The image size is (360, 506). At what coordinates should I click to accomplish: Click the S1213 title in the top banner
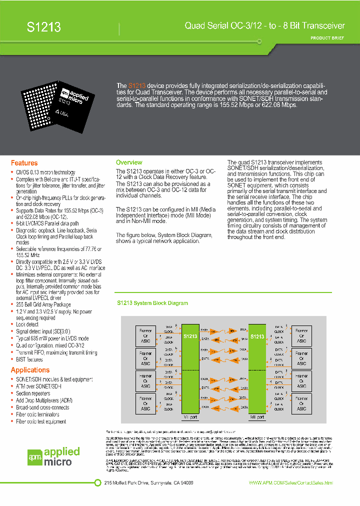point(44,27)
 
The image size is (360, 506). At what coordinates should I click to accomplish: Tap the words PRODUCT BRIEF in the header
point(327,38)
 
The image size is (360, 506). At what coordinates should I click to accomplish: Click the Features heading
point(24,163)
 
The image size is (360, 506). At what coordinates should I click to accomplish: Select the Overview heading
point(129,162)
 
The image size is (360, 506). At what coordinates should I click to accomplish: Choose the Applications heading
point(30,370)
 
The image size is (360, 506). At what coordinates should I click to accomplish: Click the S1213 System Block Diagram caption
point(152,303)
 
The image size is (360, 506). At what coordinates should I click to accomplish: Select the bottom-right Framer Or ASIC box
point(301,403)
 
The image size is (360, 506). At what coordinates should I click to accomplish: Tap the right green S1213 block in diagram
point(257,370)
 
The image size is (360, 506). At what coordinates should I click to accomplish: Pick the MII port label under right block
point(257,416)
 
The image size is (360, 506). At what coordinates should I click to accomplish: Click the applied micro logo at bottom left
point(53,456)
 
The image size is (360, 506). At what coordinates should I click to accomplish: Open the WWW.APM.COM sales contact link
point(290,483)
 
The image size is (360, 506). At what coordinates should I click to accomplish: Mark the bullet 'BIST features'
point(29,359)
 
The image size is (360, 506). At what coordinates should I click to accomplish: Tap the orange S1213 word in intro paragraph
point(137,86)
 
